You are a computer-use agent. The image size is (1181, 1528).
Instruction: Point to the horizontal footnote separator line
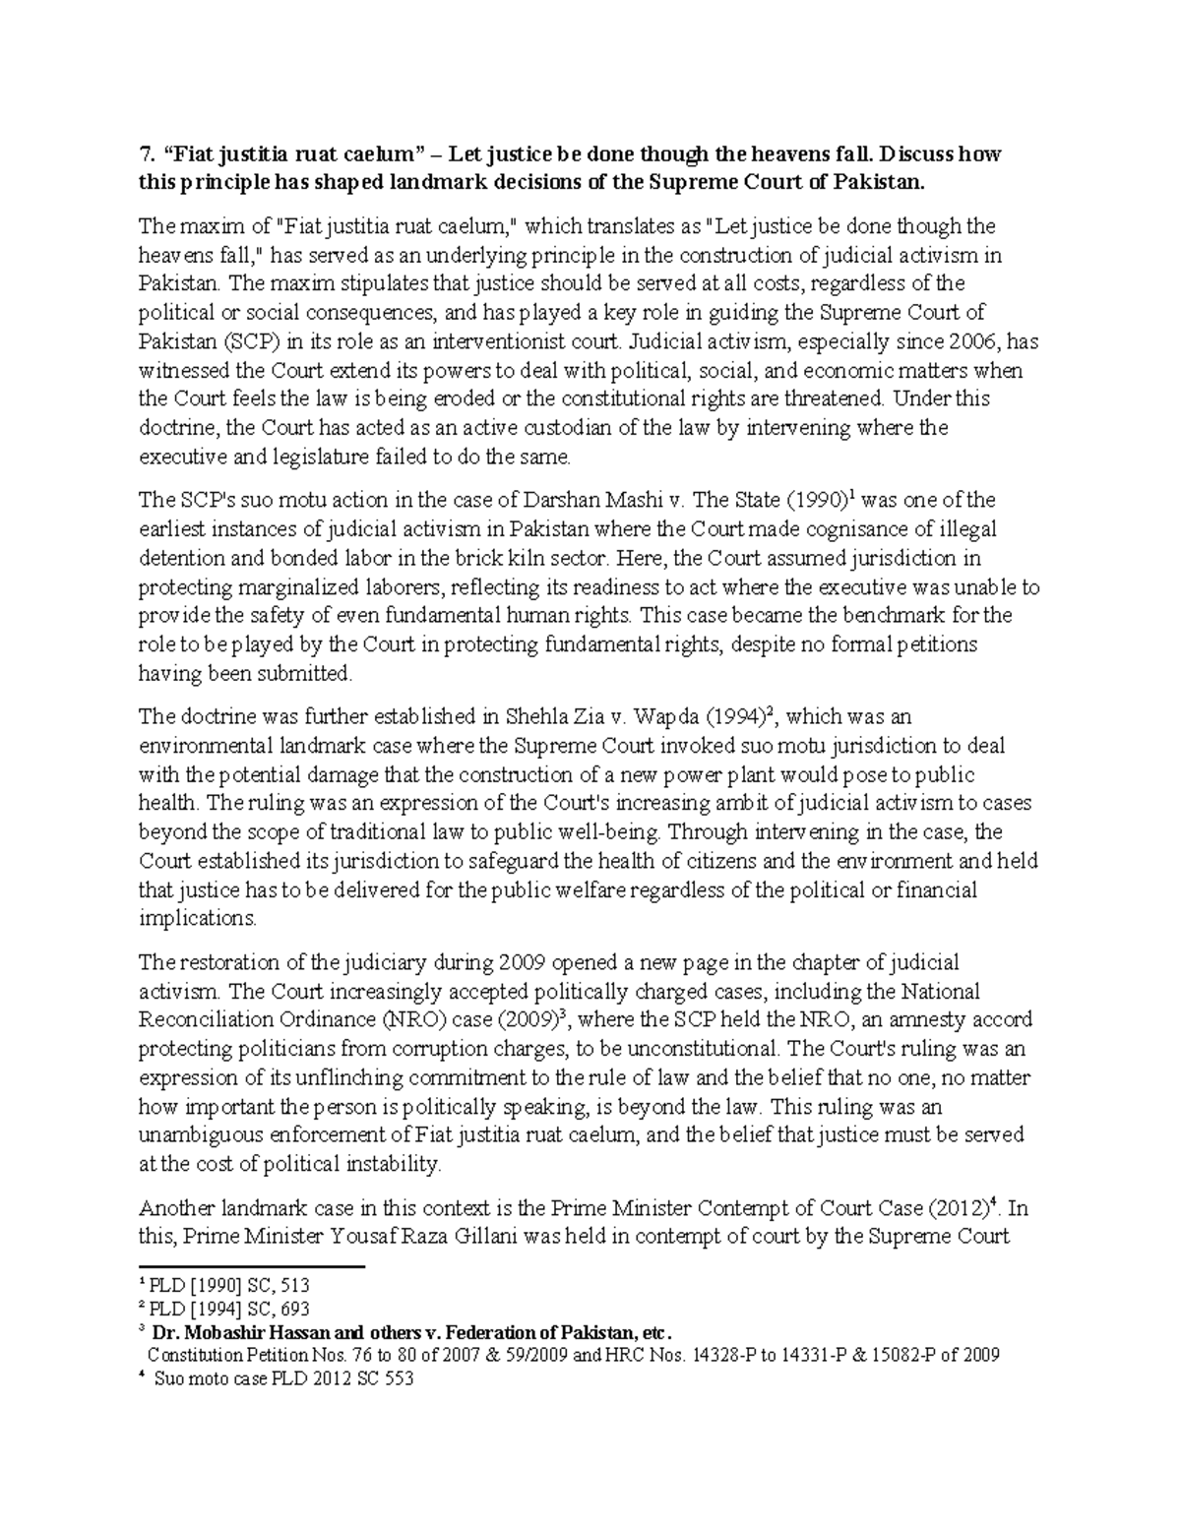coord(252,1266)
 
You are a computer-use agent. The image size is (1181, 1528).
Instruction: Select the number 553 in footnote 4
coord(396,1378)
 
